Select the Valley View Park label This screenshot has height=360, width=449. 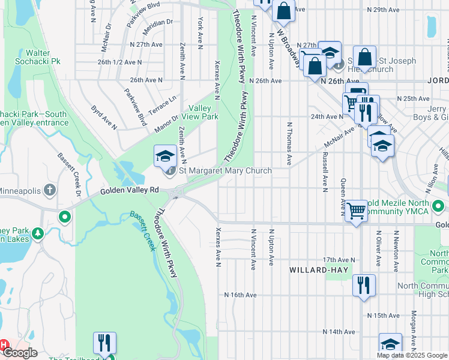click(x=203, y=112)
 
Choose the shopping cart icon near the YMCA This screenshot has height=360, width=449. click(x=357, y=211)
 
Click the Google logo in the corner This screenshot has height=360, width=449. click(x=19, y=353)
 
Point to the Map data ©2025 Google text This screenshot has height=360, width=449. click(x=412, y=355)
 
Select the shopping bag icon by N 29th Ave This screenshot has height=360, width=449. click(x=283, y=11)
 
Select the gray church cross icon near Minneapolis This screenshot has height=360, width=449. click(x=50, y=190)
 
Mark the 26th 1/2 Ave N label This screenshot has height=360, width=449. click(x=120, y=62)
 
